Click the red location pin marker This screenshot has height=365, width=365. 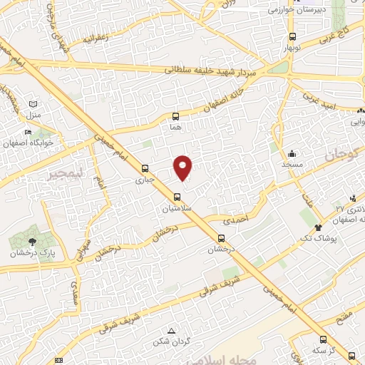183,167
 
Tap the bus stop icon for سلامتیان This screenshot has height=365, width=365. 177,197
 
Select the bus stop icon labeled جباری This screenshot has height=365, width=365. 145,169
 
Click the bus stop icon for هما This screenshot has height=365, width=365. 176,115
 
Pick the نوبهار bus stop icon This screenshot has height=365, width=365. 292,38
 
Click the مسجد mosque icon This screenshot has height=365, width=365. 292,153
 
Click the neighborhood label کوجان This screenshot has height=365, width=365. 343,153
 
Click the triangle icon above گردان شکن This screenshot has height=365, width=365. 171,331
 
